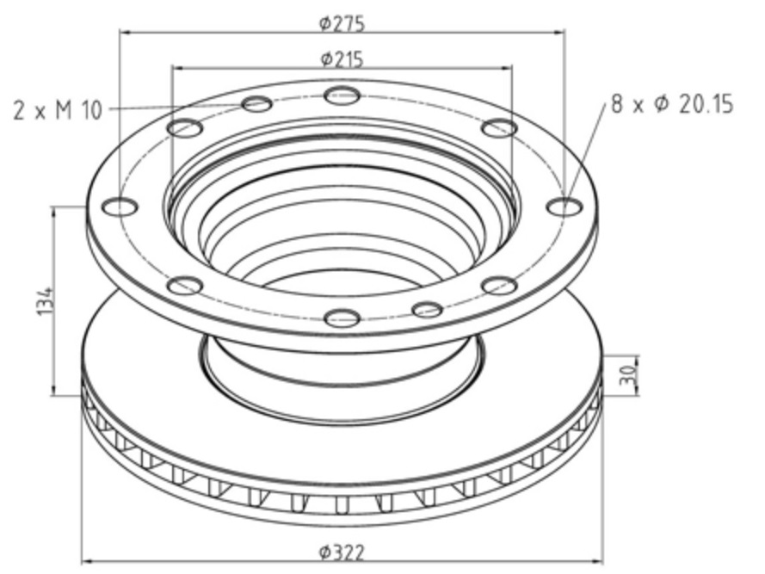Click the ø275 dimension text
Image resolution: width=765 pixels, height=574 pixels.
coord(342,23)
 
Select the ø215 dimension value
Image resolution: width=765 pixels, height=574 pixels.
coord(342,59)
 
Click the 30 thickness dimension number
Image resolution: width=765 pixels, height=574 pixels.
coord(627,373)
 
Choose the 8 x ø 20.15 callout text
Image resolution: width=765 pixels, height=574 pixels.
coord(671,105)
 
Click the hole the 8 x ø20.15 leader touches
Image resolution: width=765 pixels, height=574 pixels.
coord(564,207)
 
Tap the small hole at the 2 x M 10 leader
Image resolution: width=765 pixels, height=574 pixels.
coord(257,105)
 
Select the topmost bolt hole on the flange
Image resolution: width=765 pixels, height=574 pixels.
coord(342,96)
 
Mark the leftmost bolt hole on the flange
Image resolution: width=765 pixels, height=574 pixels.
coord(119,207)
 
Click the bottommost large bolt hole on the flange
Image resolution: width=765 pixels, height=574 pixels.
coord(342,318)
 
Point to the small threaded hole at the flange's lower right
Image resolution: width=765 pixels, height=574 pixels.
coord(427,309)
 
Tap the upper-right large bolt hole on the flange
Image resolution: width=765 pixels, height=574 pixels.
coord(499,128)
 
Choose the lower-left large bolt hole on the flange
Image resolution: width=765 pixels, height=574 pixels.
coord(184,286)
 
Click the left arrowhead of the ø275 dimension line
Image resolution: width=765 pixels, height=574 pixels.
coord(123,33)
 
